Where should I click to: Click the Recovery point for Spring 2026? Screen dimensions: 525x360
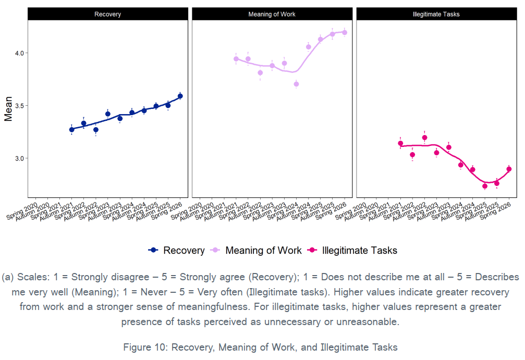pyautogui.click(x=180, y=96)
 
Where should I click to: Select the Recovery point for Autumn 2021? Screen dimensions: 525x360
pyautogui.click(x=71, y=130)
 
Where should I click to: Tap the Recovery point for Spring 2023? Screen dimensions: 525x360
pyautogui.click(x=108, y=114)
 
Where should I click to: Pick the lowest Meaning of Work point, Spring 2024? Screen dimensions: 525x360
pyautogui.click(x=296, y=84)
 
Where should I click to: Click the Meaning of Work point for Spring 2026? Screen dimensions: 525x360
pyautogui.click(x=345, y=32)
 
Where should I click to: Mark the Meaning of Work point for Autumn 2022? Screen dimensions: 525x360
pyautogui.click(x=260, y=72)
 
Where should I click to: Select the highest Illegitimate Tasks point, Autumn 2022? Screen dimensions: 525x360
pyautogui.click(x=424, y=138)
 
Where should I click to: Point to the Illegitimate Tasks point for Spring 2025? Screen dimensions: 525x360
pyautogui.click(x=485, y=186)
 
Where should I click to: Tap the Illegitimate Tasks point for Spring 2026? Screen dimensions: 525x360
pyautogui.click(x=509, y=169)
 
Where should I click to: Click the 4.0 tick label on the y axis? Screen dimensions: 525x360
pyautogui.click(x=19, y=53)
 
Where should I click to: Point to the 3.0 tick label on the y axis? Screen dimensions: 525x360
pyautogui.click(x=19, y=158)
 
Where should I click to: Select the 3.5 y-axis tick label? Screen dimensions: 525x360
pyautogui.click(x=19, y=106)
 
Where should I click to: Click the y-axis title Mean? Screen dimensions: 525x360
pyautogui.click(x=8, y=109)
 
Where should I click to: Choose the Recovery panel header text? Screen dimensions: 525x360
pyautogui.click(x=107, y=14)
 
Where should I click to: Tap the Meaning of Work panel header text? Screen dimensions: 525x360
pyautogui.click(x=272, y=14)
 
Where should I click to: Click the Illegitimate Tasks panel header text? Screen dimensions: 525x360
pyautogui.click(x=436, y=14)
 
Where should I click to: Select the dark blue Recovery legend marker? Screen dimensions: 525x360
pyautogui.click(x=153, y=250)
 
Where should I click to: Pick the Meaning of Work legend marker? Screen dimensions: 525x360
pyautogui.click(x=215, y=250)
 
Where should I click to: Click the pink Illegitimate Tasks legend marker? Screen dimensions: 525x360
pyautogui.click(x=312, y=250)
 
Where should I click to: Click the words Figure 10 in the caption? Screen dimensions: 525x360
pyautogui.click(x=144, y=347)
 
